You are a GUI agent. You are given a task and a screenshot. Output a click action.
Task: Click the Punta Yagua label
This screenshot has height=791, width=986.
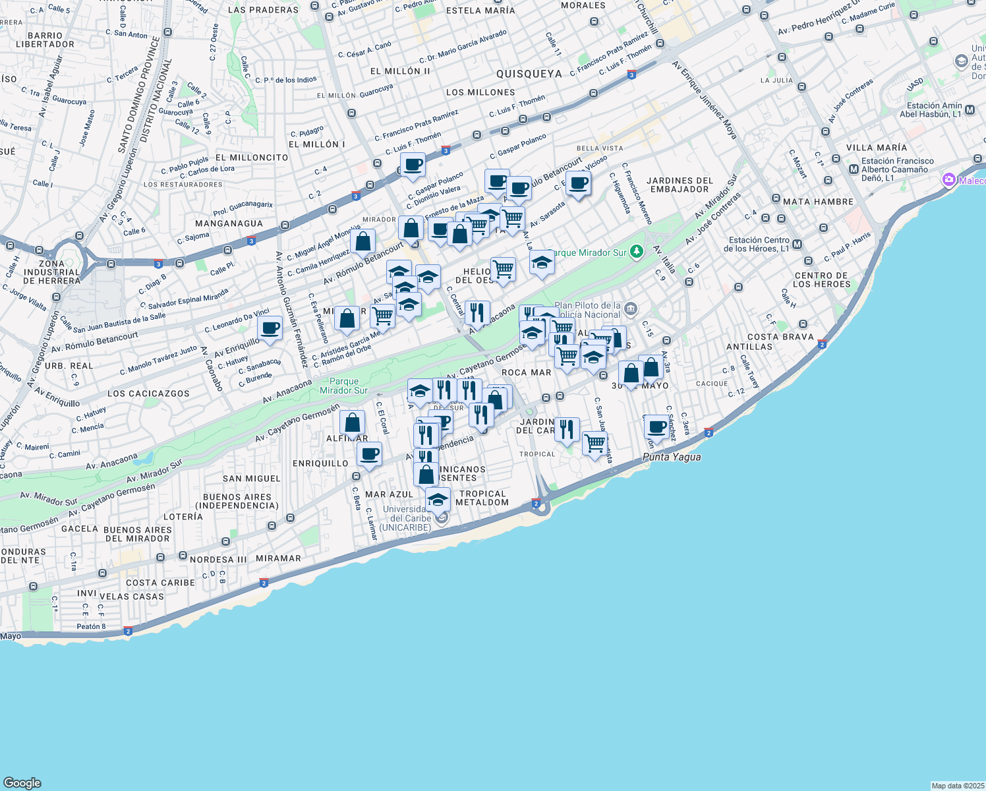pos(672,457)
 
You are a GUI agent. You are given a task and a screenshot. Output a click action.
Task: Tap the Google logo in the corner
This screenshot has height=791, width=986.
pos(22,782)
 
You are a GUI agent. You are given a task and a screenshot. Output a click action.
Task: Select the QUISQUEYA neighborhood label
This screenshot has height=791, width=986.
pos(529,74)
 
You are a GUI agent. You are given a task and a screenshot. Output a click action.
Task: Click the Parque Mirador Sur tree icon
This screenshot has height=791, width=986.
pos(636,251)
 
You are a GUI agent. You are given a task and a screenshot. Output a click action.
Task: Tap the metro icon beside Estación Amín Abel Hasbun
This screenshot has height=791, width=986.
pos(970,110)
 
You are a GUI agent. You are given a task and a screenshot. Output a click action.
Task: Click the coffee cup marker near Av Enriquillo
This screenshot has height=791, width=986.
pos(270,328)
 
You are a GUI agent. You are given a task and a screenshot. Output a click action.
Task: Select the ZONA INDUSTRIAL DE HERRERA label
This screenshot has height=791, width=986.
pos(51,272)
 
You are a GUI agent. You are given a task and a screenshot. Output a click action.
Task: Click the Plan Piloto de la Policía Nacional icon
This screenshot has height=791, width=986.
pos(631,308)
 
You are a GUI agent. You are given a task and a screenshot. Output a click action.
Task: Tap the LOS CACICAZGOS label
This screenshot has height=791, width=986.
pos(148,394)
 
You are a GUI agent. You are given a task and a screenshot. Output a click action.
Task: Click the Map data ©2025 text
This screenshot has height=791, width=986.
pos(958,786)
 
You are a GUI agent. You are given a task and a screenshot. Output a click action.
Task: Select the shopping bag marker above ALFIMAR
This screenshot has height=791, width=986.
pos(353,423)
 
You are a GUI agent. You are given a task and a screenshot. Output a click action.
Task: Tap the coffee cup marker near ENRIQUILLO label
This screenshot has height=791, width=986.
pos(369,454)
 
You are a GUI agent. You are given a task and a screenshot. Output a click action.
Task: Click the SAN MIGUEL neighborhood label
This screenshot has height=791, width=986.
pos(251,479)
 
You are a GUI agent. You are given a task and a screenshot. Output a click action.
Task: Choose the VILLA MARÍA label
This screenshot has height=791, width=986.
pos(877,148)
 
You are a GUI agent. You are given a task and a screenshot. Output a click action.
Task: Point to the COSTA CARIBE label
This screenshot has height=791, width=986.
pos(160,583)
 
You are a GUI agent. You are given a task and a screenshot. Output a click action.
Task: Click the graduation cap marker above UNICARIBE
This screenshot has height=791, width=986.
pos(438,500)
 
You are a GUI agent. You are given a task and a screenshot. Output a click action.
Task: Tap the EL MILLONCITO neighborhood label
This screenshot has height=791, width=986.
pos(252,158)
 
